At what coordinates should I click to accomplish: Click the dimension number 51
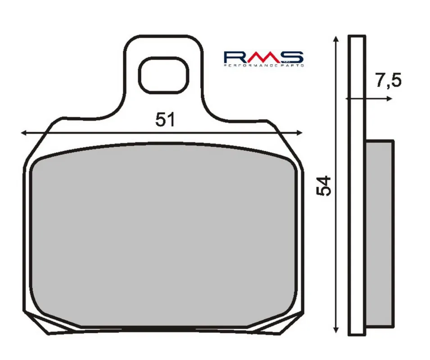pos(165,120)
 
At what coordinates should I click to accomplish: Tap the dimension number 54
pos(324,186)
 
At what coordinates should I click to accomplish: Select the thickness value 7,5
pos(388,80)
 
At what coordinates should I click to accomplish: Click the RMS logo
pos(264,59)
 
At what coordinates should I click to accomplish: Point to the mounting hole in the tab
pos(164,75)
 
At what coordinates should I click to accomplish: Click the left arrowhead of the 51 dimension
pos(24,133)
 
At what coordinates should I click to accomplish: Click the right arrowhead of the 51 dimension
pos(299,133)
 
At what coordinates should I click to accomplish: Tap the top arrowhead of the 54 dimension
pos(336,39)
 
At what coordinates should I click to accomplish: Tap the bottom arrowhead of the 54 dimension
pos(335,329)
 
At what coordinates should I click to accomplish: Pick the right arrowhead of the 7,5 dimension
pos(389,99)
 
